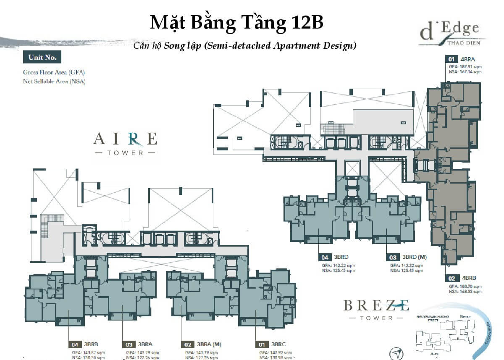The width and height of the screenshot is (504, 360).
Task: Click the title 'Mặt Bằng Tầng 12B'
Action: tap(236, 23)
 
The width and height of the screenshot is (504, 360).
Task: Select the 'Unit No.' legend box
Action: tap(42, 58)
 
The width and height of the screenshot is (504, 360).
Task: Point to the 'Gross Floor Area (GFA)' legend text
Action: tap(54, 72)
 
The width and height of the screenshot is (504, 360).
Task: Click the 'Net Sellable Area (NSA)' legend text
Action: tap(54, 81)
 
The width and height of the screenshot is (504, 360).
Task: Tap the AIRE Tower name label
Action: tap(125, 143)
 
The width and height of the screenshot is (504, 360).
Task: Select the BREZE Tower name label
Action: tap(376, 310)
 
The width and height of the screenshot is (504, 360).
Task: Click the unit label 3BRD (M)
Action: tap(414, 257)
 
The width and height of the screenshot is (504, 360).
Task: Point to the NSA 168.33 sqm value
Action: tap(465, 291)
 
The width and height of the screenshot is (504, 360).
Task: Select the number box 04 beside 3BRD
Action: tap(325, 257)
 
